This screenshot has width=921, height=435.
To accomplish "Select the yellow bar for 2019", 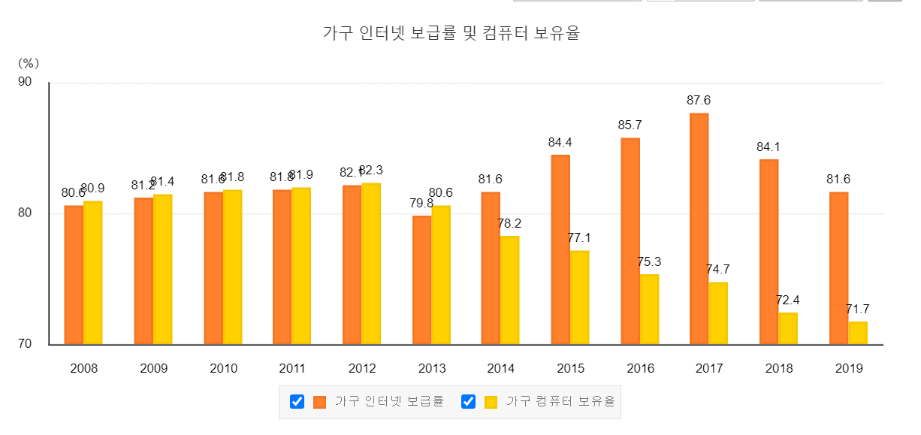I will (x=857, y=333).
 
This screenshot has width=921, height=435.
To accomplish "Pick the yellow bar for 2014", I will (x=509, y=290).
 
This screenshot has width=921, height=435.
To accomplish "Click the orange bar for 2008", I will (x=74, y=274).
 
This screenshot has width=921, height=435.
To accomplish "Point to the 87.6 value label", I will (x=699, y=100).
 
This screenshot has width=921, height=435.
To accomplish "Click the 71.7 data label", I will (x=857, y=309).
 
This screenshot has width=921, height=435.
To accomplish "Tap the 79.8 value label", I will (x=421, y=203).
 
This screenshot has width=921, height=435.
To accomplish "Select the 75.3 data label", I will (x=649, y=261).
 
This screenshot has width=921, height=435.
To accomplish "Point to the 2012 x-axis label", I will (x=362, y=369).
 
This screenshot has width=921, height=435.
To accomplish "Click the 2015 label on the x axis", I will (x=570, y=369).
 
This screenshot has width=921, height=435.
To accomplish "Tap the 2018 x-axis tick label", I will (x=779, y=369).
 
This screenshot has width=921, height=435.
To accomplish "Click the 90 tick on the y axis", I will (x=25, y=82).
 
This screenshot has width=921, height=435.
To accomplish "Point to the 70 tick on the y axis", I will (x=25, y=345).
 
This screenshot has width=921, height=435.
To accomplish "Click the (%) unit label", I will (x=28, y=63).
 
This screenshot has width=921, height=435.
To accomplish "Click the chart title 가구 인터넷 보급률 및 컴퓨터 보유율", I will (x=451, y=34).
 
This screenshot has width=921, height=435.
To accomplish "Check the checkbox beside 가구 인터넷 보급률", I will (x=297, y=402).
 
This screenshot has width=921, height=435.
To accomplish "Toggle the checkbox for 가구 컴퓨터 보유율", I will (x=469, y=402).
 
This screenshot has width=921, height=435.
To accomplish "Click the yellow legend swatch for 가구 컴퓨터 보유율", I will (x=491, y=402).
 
